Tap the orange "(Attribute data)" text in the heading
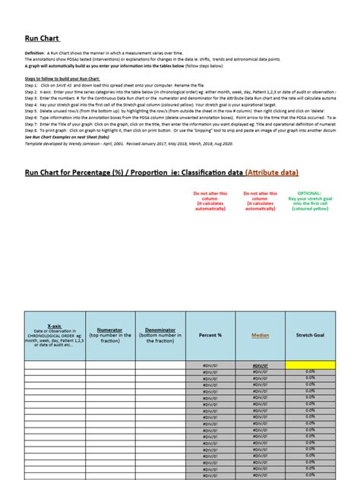coord(271,173)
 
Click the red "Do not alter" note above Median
coord(260,194)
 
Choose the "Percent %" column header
coord(210,334)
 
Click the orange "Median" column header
coord(260,334)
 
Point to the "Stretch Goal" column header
coord(310,334)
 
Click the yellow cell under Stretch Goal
coord(310,365)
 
